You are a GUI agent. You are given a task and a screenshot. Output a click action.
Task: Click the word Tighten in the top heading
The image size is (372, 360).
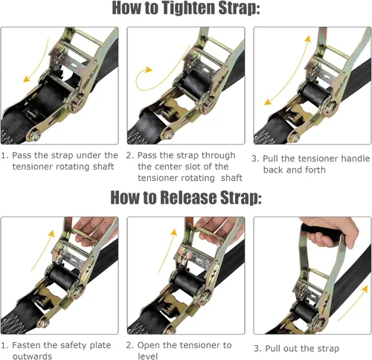188,8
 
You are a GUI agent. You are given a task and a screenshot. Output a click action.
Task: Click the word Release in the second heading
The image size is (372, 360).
188,198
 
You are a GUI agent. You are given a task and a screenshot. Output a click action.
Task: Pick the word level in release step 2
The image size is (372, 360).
147,356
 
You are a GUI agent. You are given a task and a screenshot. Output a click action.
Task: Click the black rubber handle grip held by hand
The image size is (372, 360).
320,234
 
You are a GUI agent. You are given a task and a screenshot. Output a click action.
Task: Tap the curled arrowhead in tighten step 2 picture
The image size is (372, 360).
149,70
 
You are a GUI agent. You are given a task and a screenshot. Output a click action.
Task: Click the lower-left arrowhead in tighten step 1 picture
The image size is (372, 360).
26,80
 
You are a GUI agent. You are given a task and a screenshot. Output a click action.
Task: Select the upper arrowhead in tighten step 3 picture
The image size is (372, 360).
308,39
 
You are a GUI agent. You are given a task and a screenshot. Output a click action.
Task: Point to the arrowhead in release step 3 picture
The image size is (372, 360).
365,289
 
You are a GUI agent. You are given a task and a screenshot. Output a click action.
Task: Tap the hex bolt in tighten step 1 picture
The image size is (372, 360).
36,136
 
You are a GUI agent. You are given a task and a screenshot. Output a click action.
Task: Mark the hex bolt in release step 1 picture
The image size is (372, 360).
44,324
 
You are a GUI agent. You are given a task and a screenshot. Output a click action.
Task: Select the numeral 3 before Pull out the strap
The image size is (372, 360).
257,348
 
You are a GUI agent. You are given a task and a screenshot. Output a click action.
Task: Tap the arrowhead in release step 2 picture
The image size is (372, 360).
174,232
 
